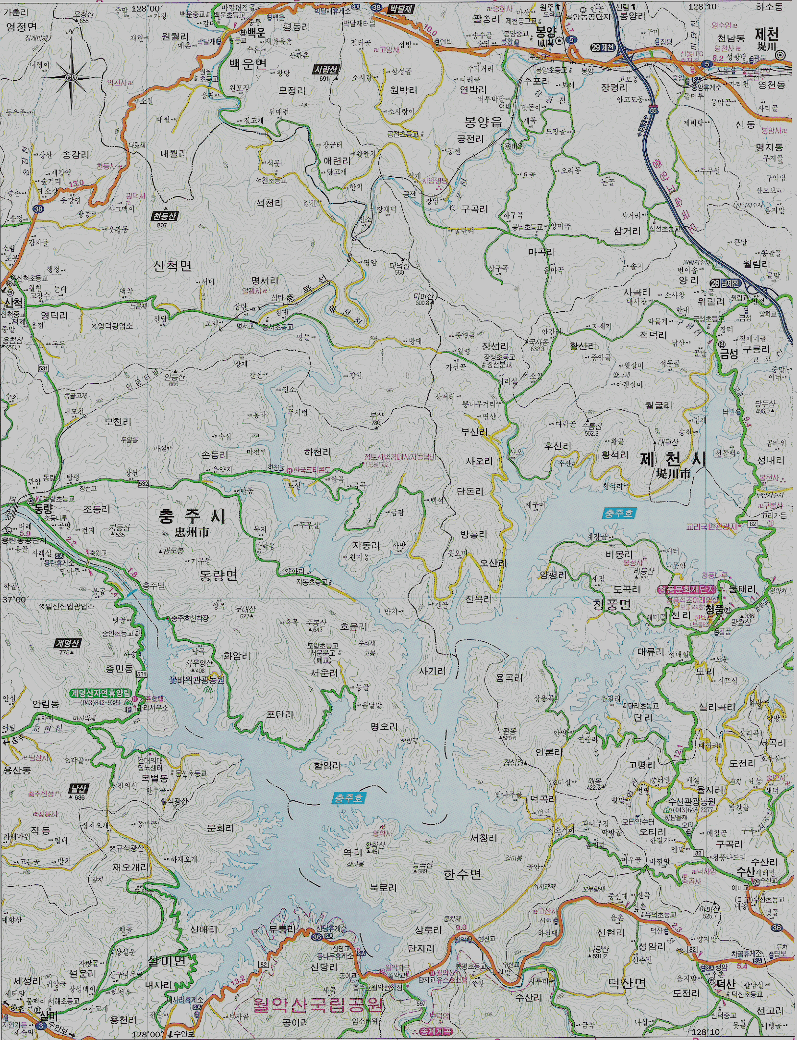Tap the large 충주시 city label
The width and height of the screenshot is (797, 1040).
pyautogui.click(x=192, y=517)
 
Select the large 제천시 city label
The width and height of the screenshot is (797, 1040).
pyautogui.click(x=673, y=460)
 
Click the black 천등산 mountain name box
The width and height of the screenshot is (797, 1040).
pyautogui.click(x=165, y=216)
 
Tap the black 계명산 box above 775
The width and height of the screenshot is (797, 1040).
pyautogui.click(x=67, y=643)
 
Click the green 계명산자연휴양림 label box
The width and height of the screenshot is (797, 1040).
pyautogui.click(x=100, y=693)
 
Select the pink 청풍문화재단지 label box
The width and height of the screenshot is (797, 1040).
pyautogui.click(x=686, y=589)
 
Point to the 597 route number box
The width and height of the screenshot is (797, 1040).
pyautogui.click(x=421, y=1003)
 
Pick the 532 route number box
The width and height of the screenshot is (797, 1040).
pyautogui.click(x=143, y=484)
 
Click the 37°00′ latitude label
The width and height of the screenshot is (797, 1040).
pyautogui.click(x=14, y=600)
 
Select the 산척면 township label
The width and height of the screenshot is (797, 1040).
pyautogui.click(x=172, y=266)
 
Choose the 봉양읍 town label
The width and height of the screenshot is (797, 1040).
pyautogui.click(x=483, y=122)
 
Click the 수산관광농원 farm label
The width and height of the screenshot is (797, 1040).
pyautogui.click(x=691, y=802)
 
